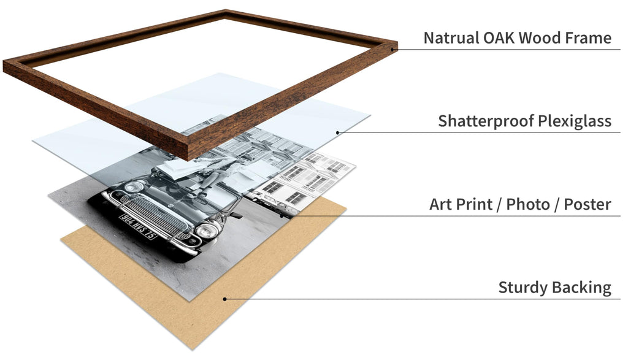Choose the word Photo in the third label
[528, 204]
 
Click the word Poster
[588, 204]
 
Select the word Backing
[581, 288]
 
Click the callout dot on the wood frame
[392, 49]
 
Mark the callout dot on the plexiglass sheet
[338, 132]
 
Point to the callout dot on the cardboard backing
[224, 299]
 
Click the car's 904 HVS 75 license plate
[138, 226]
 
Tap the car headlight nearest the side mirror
[207, 231]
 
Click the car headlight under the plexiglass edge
[134, 187]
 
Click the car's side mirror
[235, 215]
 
